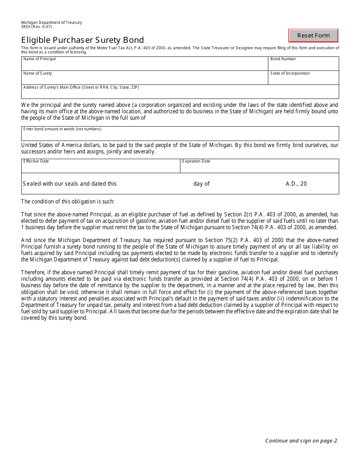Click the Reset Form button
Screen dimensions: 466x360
coord(313,36)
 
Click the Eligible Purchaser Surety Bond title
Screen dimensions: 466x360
coord(83,40)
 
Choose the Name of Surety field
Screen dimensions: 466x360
coord(144,78)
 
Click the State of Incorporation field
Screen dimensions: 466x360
coord(303,78)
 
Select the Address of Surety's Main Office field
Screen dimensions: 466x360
coord(180,92)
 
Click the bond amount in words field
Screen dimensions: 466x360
coord(180,134)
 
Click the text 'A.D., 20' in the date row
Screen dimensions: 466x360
coord(296,184)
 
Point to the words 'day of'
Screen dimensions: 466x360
coord(201,184)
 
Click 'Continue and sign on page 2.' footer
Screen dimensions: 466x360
coord(302,441)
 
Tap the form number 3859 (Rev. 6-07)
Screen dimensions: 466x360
coord(36,27)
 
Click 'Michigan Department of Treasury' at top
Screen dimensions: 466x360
coord(52,22)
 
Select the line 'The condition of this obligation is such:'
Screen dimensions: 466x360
coord(68,202)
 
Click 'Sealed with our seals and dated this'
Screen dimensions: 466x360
coord(70,184)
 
